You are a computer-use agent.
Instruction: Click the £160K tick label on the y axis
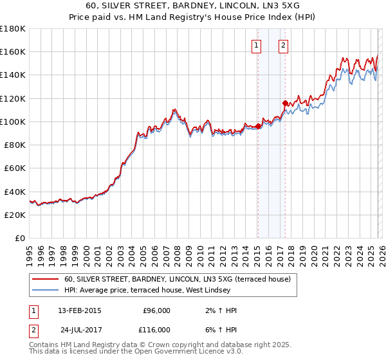point(13,51)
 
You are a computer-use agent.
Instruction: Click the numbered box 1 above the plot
point(257,45)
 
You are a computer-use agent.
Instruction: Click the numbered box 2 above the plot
point(283,45)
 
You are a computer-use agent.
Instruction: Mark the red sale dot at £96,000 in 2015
point(258,126)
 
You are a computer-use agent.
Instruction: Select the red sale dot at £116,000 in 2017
point(285,102)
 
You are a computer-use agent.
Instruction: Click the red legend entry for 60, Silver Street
point(177,279)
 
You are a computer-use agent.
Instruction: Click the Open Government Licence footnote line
point(136,352)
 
